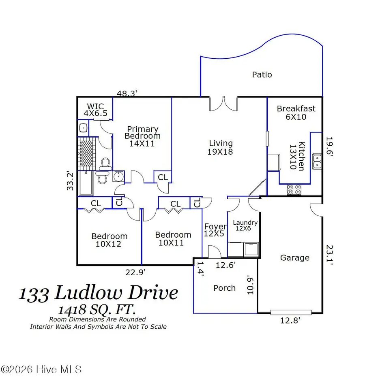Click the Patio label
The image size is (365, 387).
pyautogui.click(x=262, y=74)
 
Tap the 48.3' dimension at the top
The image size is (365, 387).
pyautogui.click(x=127, y=94)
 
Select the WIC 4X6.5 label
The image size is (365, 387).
pyautogui.click(x=96, y=110)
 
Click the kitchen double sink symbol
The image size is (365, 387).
pyautogui.click(x=317, y=162)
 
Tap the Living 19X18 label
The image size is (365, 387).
pyautogui.click(x=221, y=147)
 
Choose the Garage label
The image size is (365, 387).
pyautogui.click(x=295, y=257)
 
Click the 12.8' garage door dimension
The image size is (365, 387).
pyautogui.click(x=291, y=320)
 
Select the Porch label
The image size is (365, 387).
pyautogui.click(x=224, y=288)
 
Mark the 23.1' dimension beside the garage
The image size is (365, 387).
pyautogui.click(x=329, y=254)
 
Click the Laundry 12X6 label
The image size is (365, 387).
pyautogui.click(x=245, y=225)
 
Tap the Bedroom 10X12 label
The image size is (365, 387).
pyautogui.click(x=109, y=240)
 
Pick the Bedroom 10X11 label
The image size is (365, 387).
pyautogui.click(x=173, y=238)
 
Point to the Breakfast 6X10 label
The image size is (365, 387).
pyautogui.click(x=296, y=113)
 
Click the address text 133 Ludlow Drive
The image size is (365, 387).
pyautogui.click(x=99, y=293)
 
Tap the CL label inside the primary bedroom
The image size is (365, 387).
pyautogui.click(x=163, y=177)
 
